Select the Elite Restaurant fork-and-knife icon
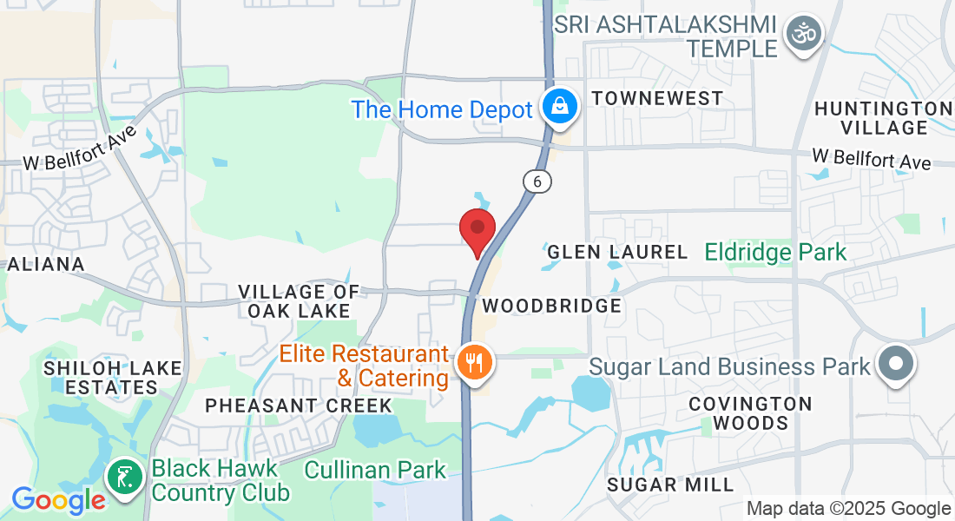click(x=473, y=363)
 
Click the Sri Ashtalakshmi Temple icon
click(x=803, y=35)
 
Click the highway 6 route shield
click(x=537, y=181)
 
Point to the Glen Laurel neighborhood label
click(x=617, y=253)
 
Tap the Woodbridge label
click(x=551, y=306)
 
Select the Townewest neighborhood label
click(x=656, y=97)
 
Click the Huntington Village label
click(x=884, y=118)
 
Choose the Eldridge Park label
click(x=775, y=253)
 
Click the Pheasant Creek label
click(x=299, y=406)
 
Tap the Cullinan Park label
click(x=375, y=471)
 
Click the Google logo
click(x=58, y=500)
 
